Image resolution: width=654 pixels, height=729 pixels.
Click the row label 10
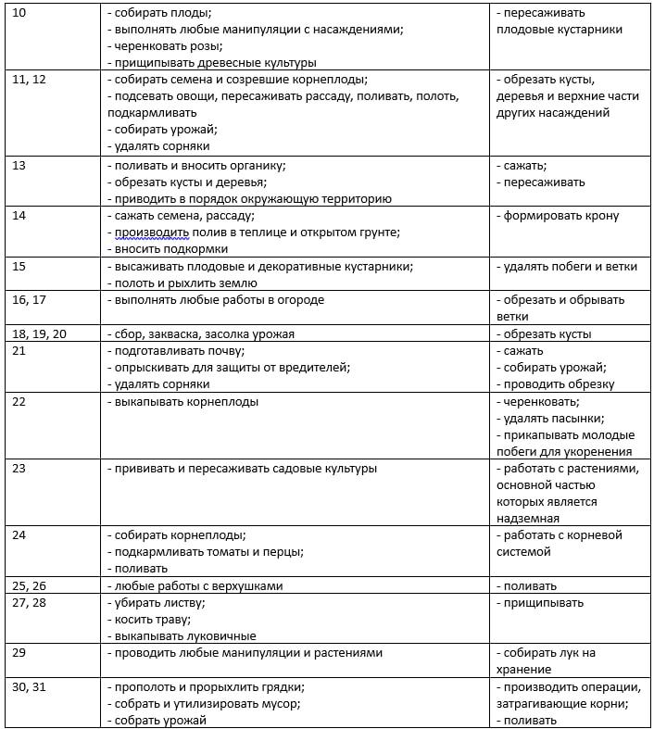pos(19,14)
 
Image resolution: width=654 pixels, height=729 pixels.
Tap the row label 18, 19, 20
pos(39,334)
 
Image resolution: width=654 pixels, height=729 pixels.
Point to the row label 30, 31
pos(31,687)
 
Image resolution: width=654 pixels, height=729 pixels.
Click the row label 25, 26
pos(31,586)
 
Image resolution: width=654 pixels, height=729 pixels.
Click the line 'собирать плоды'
pos(159,14)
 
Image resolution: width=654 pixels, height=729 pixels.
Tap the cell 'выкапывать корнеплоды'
pos(183,402)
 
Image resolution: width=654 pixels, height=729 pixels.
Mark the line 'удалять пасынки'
pos(552,419)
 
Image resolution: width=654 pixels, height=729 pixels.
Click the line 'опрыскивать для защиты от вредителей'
pos(229,368)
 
